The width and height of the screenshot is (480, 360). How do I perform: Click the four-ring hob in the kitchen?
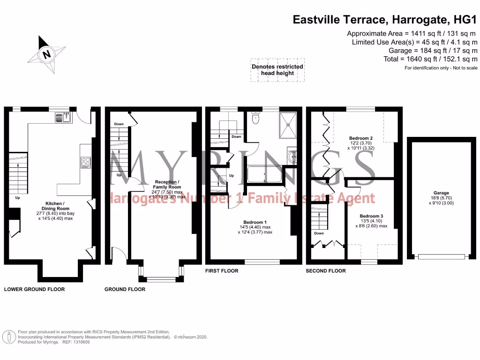click(85, 162)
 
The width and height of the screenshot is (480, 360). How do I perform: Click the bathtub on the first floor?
click(265, 176)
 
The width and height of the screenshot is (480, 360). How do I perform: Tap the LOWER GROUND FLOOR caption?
click(34, 289)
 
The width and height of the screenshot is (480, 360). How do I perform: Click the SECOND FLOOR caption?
click(326, 271)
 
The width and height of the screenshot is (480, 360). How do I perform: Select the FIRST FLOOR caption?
click(222, 271)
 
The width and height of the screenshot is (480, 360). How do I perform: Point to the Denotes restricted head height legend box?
click(277, 70)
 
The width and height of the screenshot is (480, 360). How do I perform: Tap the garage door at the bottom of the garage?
click(441, 256)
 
